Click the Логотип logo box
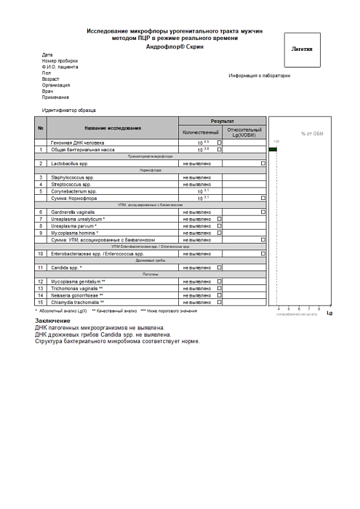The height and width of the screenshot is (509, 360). coord(302,49)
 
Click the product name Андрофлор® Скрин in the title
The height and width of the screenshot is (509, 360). coord(174,47)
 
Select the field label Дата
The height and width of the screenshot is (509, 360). coord(47,55)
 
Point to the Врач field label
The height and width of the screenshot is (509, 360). coord(48,91)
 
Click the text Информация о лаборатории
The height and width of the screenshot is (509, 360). coord(259,76)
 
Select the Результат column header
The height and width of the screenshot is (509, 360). coord(222,120)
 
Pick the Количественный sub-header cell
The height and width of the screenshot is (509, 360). coord(200,132)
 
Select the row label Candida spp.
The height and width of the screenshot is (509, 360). coord(70,268)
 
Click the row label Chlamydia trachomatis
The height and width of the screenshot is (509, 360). coord(79,302)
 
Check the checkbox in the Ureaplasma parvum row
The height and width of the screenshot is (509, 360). coord(220,225)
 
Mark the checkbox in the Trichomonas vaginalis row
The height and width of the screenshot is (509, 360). coord(220,288)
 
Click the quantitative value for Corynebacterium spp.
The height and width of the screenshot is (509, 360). coord(204,191)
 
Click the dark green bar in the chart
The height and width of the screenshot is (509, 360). coord(273,150)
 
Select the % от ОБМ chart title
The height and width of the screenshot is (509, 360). coord(313,134)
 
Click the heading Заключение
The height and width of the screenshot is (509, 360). coord(53,321)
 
